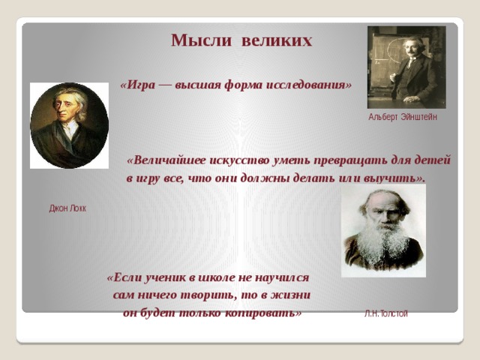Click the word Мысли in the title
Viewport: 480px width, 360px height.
pos(201,40)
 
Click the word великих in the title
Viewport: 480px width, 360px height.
pos(277,40)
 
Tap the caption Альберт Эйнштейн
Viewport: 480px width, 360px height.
pos(403,117)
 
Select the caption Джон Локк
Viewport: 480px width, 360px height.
pos(67,208)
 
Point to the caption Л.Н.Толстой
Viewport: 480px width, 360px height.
pos(386,313)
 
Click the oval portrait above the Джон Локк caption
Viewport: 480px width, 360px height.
pos(70,125)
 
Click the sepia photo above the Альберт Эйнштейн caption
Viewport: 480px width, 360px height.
pos(406,67)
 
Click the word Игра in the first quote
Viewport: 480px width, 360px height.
pos(141,85)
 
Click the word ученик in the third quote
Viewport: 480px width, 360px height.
pos(165,278)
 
